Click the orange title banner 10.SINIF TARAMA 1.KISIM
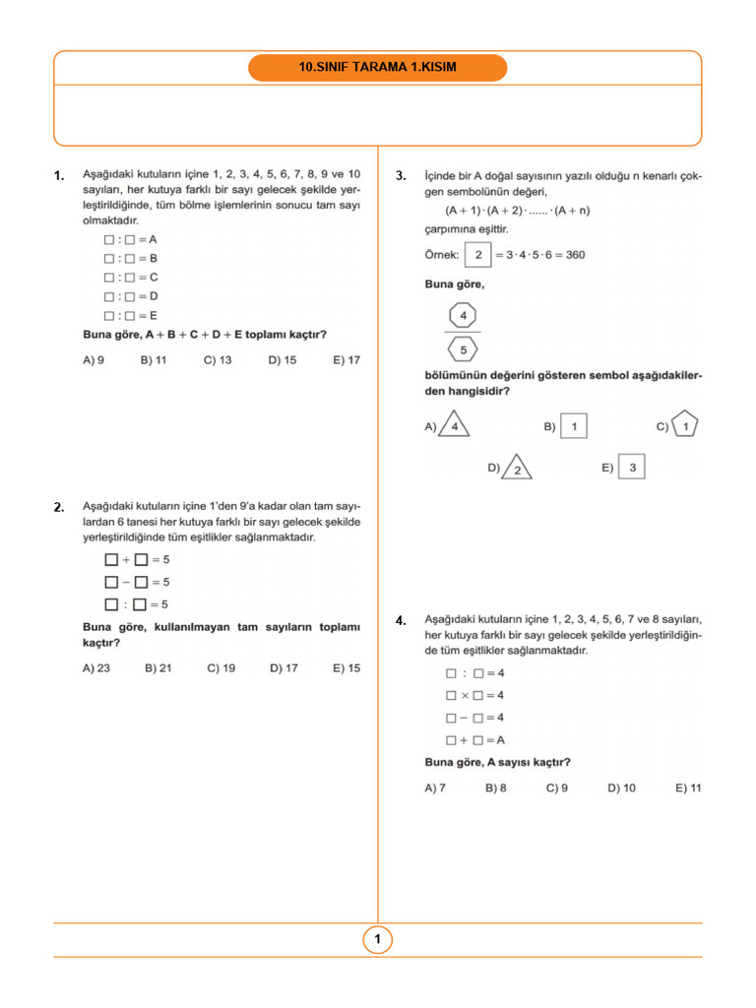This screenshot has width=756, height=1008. [x=378, y=68]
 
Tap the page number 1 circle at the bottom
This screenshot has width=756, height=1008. [x=378, y=940]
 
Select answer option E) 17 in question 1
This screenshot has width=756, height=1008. [x=346, y=360]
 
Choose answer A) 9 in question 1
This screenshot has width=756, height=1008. [x=94, y=360]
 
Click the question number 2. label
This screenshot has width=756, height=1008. [x=59, y=507]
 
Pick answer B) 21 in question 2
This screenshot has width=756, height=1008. [x=157, y=667]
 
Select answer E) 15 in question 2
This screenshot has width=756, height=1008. [x=346, y=667]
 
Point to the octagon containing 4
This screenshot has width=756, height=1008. [x=463, y=316]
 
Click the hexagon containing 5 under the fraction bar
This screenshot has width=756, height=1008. [x=463, y=348]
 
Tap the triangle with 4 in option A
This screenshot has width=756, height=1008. [x=454, y=425]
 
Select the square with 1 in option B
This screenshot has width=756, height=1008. [x=575, y=426]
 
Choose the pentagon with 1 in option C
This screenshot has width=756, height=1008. [x=686, y=426]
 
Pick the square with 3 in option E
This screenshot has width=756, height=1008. [x=632, y=467]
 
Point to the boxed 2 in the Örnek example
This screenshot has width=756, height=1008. [x=478, y=255]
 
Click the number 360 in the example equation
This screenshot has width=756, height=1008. [x=575, y=255]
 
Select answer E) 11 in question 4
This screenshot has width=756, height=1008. [x=688, y=787]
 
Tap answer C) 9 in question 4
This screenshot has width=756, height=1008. [x=557, y=787]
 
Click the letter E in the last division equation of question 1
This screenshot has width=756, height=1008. [x=154, y=315]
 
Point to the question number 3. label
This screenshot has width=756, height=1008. [x=401, y=176]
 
